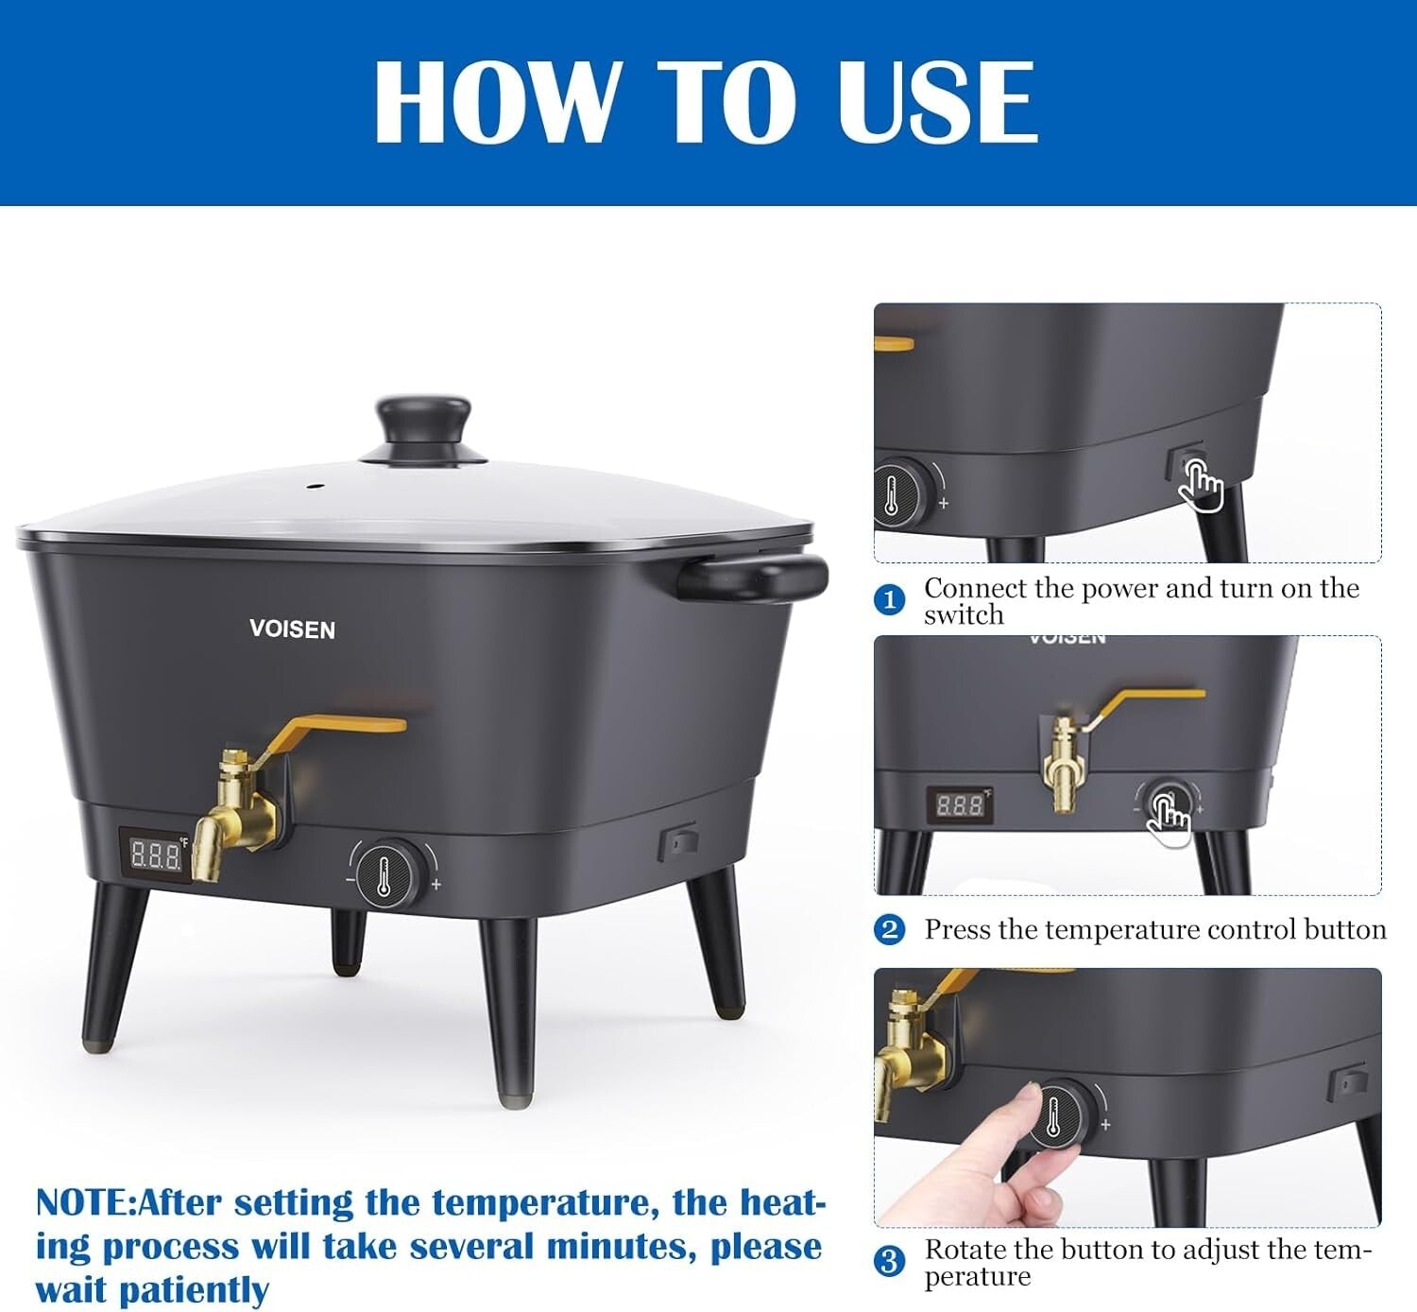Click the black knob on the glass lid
[423, 426]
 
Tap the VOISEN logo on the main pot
[292, 630]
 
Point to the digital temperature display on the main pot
[155, 855]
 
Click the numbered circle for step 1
[889, 600]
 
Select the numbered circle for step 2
[889, 930]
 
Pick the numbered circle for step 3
[889, 1261]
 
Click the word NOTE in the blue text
[83, 1203]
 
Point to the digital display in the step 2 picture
[958, 805]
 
